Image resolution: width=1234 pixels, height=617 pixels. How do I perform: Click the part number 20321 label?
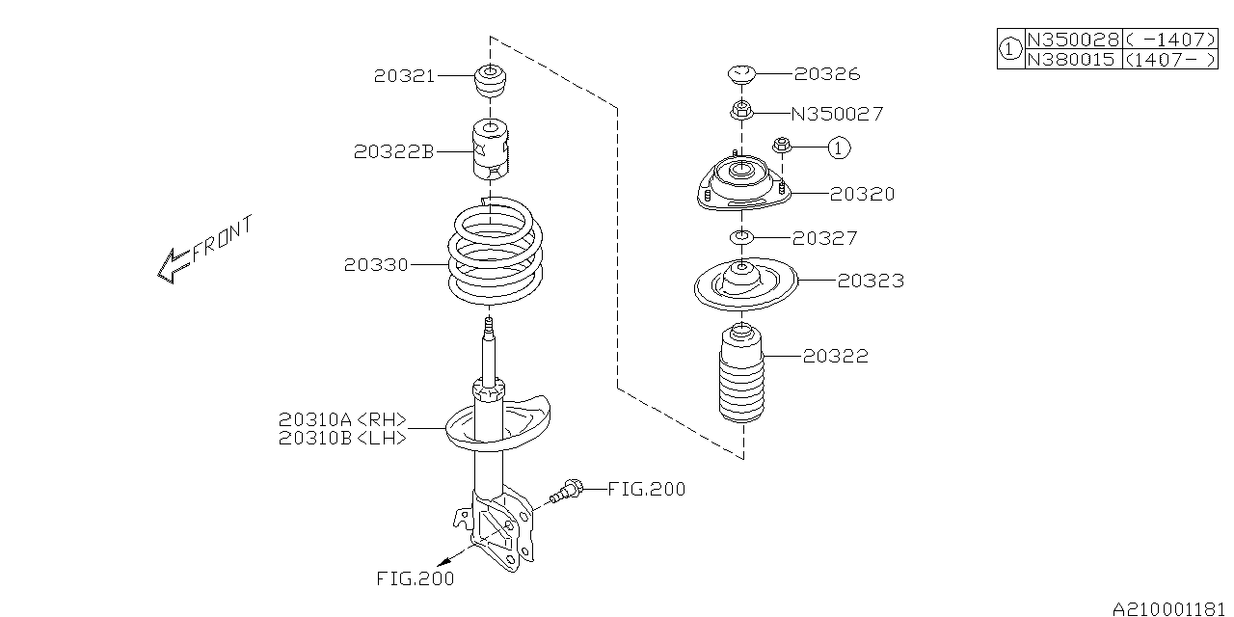pyautogui.click(x=404, y=75)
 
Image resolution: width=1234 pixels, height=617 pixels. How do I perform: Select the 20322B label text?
pyautogui.click(x=393, y=151)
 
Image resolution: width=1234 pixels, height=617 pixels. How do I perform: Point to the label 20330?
pyautogui.click(x=375, y=264)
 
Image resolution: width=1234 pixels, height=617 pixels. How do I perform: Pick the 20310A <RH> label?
pyautogui.click(x=342, y=420)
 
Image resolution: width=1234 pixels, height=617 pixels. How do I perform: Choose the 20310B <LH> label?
pyautogui.click(x=342, y=438)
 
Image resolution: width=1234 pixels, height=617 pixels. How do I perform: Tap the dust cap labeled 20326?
pyautogui.click(x=740, y=73)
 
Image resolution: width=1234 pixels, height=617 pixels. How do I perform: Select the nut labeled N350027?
pyautogui.click(x=740, y=112)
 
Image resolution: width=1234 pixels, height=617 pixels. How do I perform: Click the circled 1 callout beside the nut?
pyautogui.click(x=839, y=148)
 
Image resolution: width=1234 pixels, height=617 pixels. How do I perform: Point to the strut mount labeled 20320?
pyautogui.click(x=740, y=185)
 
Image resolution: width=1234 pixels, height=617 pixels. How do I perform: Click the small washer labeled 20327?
pyautogui.click(x=740, y=238)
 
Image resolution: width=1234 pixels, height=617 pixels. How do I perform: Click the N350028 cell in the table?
pyautogui.click(x=1072, y=40)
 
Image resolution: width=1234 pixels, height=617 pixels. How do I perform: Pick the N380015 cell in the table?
pyautogui.click(x=1072, y=59)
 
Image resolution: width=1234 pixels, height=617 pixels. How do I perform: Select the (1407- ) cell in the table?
pyautogui.click(x=1169, y=59)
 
